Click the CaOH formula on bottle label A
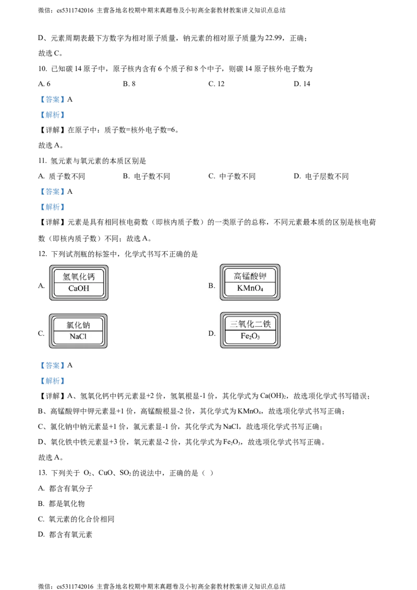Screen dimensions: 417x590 (x=79, y=289)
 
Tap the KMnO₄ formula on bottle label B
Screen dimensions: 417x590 (x=250, y=288)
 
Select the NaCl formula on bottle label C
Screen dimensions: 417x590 (x=78, y=336)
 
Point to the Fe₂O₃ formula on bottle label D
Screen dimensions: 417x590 (x=250, y=336)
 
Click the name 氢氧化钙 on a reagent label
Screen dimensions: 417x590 (x=79, y=277)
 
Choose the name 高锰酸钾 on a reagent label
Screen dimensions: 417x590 (x=250, y=276)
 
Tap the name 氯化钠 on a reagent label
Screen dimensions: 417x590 (x=78, y=325)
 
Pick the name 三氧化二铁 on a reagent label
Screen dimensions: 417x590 (x=250, y=324)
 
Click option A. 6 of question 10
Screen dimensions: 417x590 (x=44, y=84)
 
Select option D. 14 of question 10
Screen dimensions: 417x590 (x=302, y=84)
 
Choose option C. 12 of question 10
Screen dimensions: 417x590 (x=216, y=84)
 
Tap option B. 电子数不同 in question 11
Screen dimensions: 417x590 (x=146, y=176)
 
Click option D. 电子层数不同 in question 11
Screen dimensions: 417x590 (x=321, y=176)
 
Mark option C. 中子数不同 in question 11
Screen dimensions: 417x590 (x=232, y=176)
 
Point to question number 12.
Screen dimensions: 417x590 (x=43, y=254)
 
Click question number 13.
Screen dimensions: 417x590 (x=43, y=473)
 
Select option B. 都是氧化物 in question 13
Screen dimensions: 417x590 (x=62, y=504)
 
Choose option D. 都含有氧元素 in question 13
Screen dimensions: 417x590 (x=65, y=535)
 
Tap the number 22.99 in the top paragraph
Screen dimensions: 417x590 (x=274, y=38)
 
